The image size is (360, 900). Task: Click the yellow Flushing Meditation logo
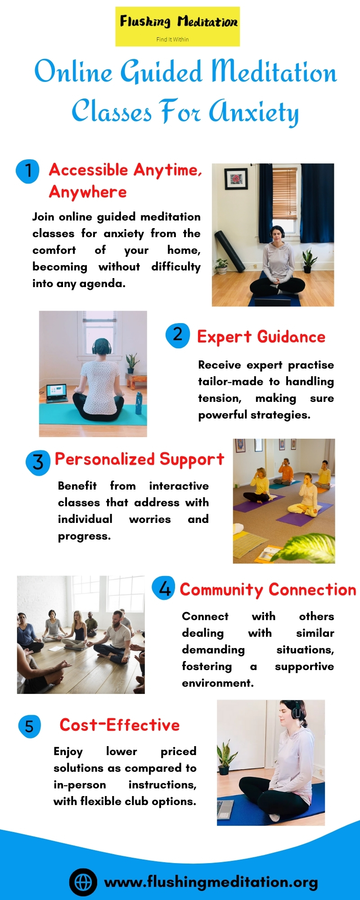click(x=177, y=27)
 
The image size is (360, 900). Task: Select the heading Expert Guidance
click(x=261, y=337)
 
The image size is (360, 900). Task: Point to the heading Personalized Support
click(x=139, y=459)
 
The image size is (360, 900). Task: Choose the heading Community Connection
click(x=268, y=589)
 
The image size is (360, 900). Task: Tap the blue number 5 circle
click(x=29, y=726)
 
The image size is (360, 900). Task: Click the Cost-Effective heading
click(x=120, y=725)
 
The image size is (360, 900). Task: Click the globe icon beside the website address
click(x=83, y=882)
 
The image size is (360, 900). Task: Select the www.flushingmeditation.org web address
click(x=211, y=882)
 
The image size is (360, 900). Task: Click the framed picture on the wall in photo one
click(x=236, y=179)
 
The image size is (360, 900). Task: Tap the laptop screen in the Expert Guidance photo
click(x=57, y=391)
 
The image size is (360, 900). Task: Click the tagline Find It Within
click(x=172, y=40)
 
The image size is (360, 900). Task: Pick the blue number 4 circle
click(x=164, y=588)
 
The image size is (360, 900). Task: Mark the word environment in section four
click(x=218, y=683)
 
